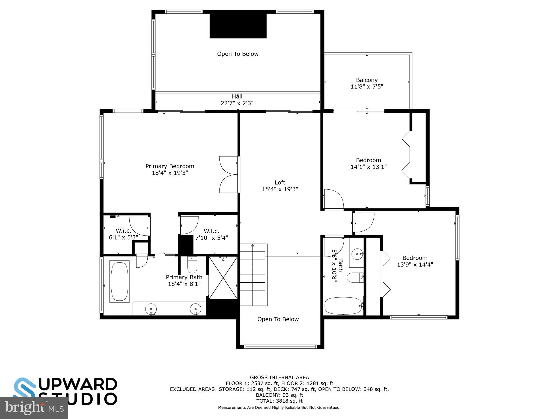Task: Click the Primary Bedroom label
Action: (170, 166)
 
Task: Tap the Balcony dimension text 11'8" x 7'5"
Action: (367, 87)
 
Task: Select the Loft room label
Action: (280, 182)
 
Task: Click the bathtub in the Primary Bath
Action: (119, 282)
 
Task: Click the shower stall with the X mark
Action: (223, 278)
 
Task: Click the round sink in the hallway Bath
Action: (357, 254)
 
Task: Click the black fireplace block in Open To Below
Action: (238, 25)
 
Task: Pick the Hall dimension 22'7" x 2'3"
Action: (237, 103)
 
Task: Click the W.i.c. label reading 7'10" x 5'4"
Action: (212, 235)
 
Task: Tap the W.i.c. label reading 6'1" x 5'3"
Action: (123, 234)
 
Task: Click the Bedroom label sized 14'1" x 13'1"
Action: (368, 163)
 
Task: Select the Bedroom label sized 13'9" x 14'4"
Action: (415, 261)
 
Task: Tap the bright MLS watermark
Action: (34, 408)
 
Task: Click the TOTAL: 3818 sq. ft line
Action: (279, 401)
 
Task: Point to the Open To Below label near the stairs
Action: (278, 319)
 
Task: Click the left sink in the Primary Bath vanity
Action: (151, 309)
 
